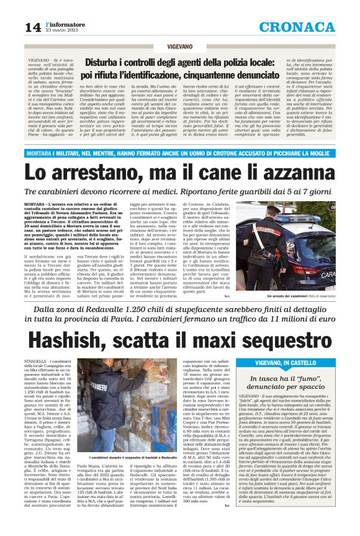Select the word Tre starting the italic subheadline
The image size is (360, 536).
[x=50, y=192]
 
